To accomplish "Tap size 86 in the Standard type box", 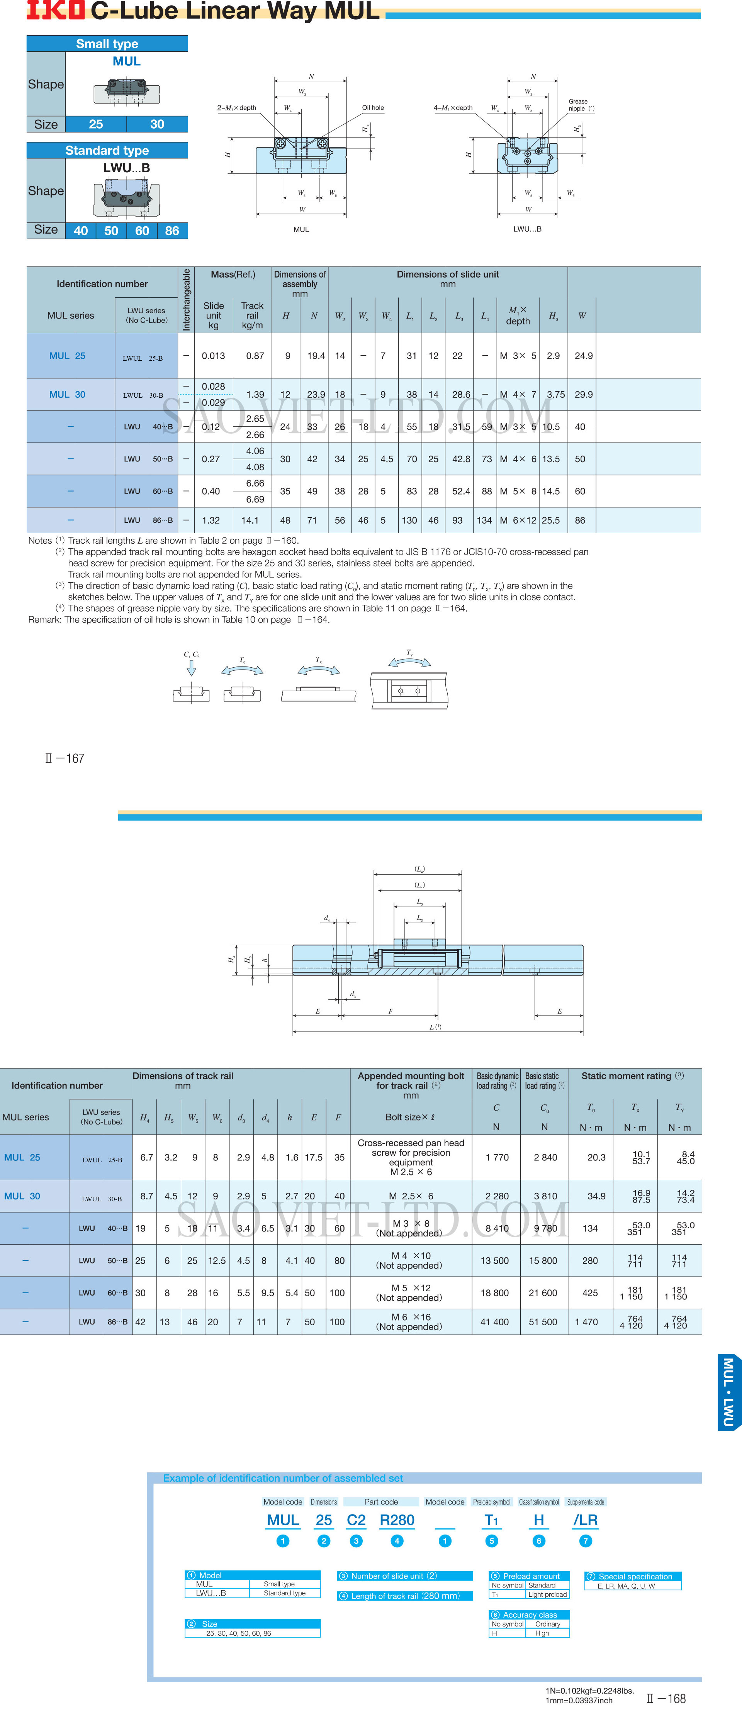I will [172, 231].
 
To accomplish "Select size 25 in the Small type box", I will [96, 124].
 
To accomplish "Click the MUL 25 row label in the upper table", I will [67, 356].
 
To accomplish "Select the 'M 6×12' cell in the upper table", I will [518, 520].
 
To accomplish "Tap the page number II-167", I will [65, 758].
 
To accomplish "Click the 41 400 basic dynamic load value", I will [494, 1322].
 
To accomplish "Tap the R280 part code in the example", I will [397, 1520].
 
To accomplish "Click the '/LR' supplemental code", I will [585, 1520].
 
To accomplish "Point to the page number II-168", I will [666, 1699].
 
